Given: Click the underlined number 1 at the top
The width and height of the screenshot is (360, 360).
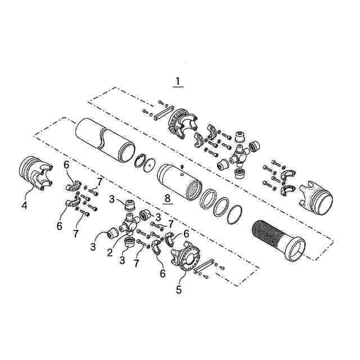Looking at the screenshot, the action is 178,82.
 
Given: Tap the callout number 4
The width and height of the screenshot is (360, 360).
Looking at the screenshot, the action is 24,205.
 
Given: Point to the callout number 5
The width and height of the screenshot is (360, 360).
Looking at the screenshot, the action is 179,290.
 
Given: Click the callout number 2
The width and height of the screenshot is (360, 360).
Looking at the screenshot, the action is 110,253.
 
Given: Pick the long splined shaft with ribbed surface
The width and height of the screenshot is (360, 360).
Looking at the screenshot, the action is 278,241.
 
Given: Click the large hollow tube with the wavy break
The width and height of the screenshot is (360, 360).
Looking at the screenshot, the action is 105,140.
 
